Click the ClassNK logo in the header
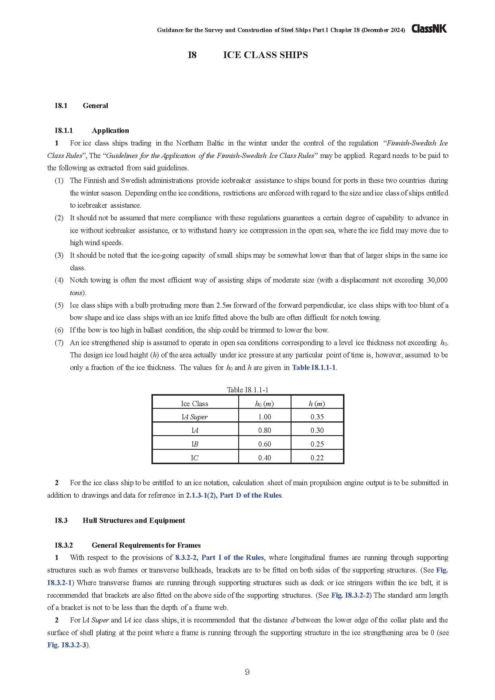(429, 29)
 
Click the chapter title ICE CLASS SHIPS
(265, 55)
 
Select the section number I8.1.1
(64, 130)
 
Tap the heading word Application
(110, 130)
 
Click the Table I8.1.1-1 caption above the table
(247, 390)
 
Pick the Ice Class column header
(195, 404)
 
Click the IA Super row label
(195, 417)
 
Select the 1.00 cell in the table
(265, 417)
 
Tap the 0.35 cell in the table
(317, 417)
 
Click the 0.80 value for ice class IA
(265, 430)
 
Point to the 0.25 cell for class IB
(317, 444)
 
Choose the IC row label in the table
(195, 458)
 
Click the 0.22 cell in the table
(317, 458)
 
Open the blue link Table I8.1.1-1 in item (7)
(314, 368)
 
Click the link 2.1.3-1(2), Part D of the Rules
(233, 495)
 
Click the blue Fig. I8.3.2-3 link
(67, 645)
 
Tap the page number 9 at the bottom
(247, 672)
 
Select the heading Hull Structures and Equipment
(134, 520)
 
